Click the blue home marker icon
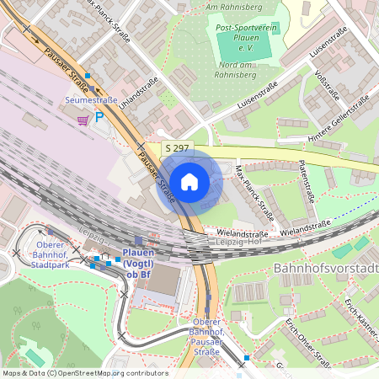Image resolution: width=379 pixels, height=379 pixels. (189, 181)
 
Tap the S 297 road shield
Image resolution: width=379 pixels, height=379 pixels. (178, 148)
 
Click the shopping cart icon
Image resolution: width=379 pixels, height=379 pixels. (83, 120)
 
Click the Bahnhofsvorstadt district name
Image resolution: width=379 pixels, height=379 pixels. (325, 268)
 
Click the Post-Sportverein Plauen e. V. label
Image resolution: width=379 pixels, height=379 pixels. (247, 36)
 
